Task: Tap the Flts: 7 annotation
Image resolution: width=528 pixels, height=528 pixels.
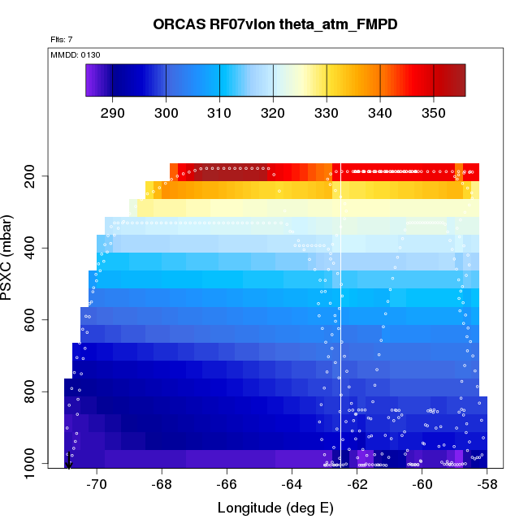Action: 62,40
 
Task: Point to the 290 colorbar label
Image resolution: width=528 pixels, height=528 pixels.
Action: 112,113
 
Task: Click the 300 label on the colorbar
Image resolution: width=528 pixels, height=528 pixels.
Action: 166,113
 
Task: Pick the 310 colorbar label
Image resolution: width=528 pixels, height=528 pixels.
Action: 219,113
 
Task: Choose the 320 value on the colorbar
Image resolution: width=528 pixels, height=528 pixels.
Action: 273,113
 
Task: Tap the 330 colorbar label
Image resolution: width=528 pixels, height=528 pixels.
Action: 327,113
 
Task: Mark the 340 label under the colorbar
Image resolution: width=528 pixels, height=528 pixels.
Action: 380,113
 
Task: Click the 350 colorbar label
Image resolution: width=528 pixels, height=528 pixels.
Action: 434,113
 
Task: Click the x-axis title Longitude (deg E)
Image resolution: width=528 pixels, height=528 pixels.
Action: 275,509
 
